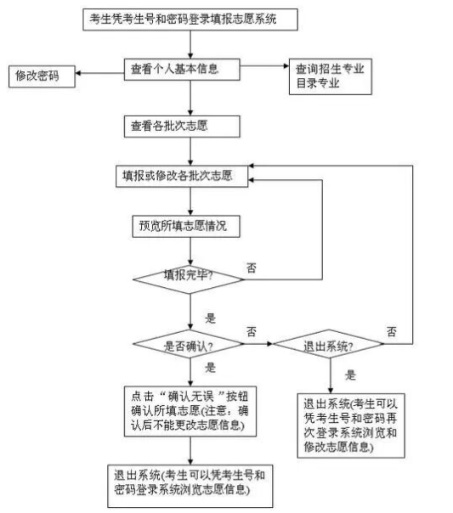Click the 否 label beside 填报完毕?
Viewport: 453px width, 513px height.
[252, 268]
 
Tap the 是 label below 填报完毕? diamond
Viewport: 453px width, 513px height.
[211, 318]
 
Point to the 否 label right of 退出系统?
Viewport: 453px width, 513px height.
[392, 332]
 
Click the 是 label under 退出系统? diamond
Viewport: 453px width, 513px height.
[350, 375]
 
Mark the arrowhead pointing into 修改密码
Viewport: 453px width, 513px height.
[78, 73]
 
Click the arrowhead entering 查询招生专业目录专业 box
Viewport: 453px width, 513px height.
[286, 65]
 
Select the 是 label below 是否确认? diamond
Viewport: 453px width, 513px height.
[211, 368]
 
